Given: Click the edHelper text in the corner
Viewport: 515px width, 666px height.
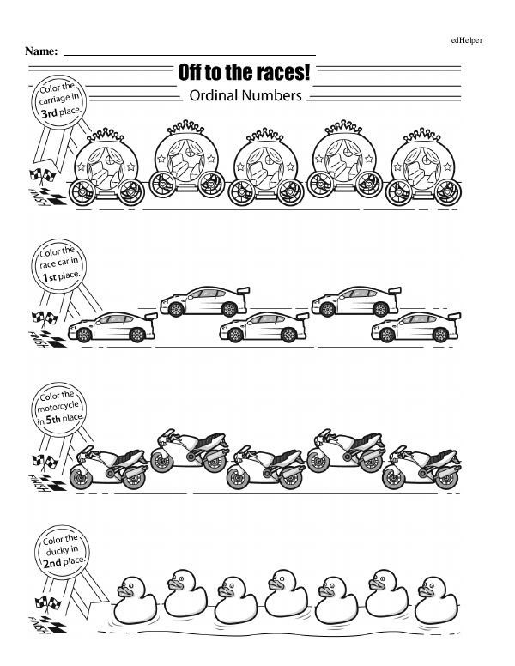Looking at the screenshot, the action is (467, 40).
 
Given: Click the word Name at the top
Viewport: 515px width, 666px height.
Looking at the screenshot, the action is (41, 51).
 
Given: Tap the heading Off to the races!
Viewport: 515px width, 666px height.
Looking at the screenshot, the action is (244, 72).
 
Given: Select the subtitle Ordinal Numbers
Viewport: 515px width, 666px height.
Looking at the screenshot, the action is (245, 95).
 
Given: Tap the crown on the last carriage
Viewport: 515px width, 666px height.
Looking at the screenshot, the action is (421, 135).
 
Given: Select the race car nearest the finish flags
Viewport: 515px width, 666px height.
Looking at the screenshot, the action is (112, 327).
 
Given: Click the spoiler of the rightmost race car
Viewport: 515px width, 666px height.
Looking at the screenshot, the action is (454, 316).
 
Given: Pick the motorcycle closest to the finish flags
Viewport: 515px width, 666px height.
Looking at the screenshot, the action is (109, 467).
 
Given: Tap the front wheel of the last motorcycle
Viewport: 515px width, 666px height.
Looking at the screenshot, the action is (393, 478).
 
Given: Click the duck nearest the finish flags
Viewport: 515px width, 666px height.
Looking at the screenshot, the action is (136, 600).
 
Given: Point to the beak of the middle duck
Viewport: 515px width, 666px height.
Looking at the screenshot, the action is (275, 584).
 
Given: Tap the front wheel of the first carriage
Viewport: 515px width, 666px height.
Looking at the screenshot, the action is (82, 192).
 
